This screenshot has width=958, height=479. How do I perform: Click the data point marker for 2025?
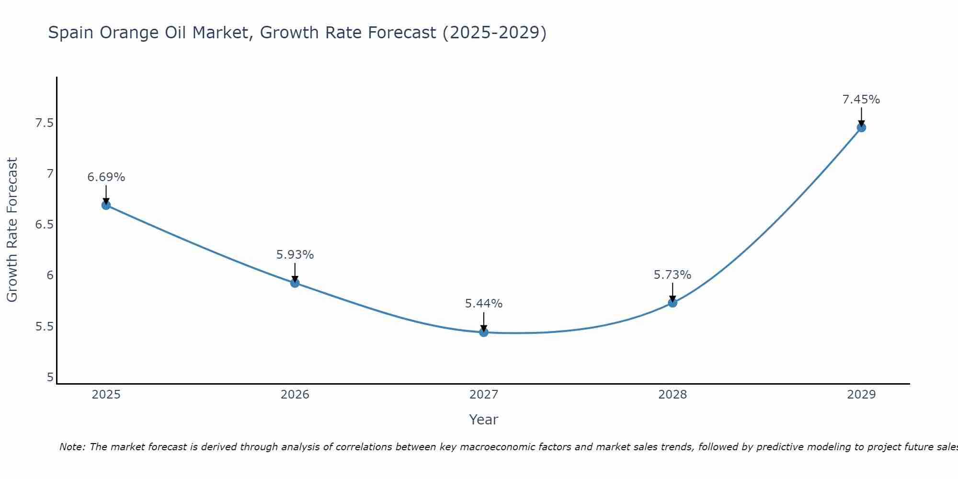pos(106,205)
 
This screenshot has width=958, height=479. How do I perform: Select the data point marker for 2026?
pos(295,283)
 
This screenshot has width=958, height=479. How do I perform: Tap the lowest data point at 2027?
pos(484,332)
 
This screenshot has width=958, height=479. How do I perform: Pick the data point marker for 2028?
pos(673,303)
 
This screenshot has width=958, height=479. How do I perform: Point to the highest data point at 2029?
pos(861,127)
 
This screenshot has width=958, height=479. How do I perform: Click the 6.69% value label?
pos(106,177)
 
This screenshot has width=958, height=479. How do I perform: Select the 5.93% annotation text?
pos(295,255)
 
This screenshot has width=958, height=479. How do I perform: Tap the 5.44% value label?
pos(484,304)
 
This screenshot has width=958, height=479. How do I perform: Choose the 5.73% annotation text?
pos(673,275)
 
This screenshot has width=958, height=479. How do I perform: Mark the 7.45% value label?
pos(861,100)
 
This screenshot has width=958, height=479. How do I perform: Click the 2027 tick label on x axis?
pos(484,395)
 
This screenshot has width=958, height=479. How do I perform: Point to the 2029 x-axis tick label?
pos(861,395)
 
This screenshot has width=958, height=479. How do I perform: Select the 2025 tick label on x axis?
pos(106,395)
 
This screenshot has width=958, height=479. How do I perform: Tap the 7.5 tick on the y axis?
pos(44,123)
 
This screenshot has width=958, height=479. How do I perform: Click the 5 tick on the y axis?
pos(50,377)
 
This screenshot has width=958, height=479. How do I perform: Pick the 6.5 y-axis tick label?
pos(44,225)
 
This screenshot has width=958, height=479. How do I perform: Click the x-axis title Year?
pos(484,420)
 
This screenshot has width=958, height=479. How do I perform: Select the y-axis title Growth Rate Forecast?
pos(12,229)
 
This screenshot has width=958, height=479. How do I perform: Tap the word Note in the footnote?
pos(72,447)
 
